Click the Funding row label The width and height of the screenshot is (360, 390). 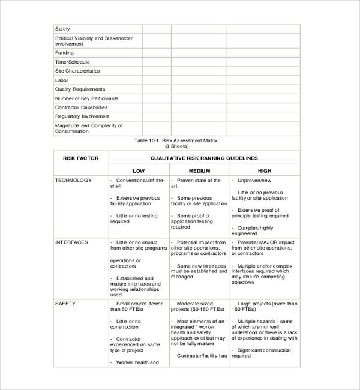click(64, 53)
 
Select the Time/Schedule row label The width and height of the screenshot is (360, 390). click(73, 62)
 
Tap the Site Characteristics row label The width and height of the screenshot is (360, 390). click(77, 71)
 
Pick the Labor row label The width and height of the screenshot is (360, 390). click(62, 80)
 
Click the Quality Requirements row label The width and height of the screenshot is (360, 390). click(80, 89)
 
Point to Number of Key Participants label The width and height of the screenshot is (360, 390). click(86, 98)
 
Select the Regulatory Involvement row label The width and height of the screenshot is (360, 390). click(82, 116)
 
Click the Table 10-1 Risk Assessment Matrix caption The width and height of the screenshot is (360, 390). click(176, 140)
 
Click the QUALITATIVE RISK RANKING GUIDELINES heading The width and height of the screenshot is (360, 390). click(203, 158)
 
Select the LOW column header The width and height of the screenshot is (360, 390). click(139, 171)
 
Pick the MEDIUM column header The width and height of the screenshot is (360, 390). click(199, 171)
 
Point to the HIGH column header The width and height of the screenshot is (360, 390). click(265, 171)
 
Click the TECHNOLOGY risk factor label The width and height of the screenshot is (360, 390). click(73, 180)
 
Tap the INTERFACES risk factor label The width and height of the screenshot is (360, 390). click(71, 242)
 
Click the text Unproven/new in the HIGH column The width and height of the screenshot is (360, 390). click(254, 180)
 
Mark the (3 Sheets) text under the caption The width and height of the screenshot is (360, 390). click(176, 146)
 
